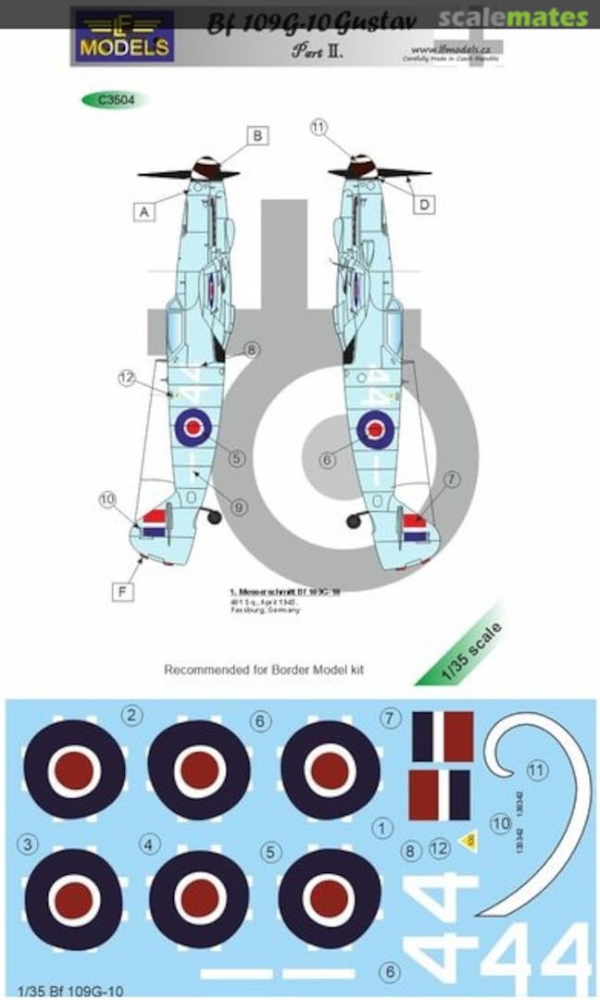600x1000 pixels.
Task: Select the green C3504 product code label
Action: (x=115, y=100)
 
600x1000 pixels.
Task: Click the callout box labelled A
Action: (x=144, y=212)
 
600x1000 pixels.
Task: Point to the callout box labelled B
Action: (x=258, y=136)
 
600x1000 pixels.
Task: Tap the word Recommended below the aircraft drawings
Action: (x=204, y=669)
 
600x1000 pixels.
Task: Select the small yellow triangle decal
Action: (x=469, y=841)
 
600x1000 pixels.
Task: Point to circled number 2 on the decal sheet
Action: (x=133, y=716)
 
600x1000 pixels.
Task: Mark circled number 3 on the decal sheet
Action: (x=29, y=844)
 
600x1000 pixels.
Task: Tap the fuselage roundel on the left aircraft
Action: (x=194, y=427)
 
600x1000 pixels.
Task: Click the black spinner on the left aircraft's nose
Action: (x=206, y=169)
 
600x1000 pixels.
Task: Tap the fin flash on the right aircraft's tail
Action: (x=416, y=528)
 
